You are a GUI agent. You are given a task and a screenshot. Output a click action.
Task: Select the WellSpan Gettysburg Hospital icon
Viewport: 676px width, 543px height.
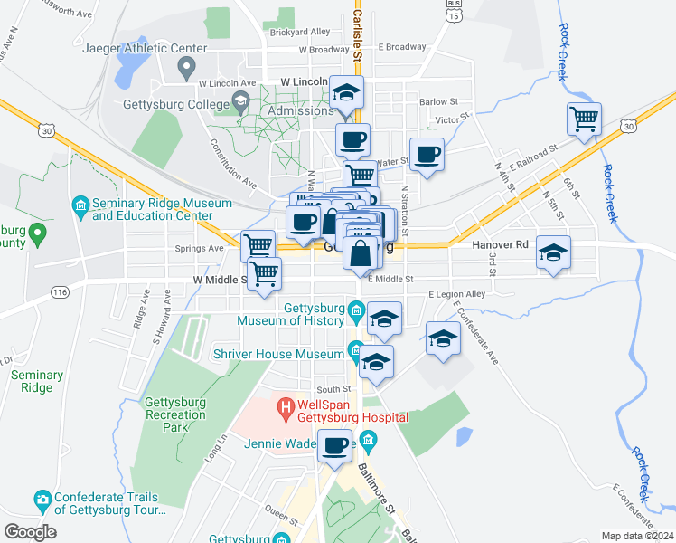[286, 409]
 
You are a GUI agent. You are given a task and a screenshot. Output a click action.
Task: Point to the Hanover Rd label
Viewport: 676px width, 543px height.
[499, 244]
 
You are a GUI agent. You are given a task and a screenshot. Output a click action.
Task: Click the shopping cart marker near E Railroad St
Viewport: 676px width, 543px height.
[584, 119]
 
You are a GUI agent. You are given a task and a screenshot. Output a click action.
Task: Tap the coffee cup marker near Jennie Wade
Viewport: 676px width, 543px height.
[335, 446]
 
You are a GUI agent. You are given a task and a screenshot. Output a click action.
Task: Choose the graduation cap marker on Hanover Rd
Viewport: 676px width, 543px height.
[553, 252]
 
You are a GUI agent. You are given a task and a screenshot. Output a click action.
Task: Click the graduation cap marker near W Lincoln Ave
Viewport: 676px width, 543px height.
[345, 92]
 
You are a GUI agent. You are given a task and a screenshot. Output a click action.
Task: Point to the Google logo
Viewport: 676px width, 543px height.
[30, 532]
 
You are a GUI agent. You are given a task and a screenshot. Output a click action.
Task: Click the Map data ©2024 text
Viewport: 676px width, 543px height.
[636, 536]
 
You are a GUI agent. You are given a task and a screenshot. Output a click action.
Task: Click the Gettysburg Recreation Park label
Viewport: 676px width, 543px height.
[175, 414]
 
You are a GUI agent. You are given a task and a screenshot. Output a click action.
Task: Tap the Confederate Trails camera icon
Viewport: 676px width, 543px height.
[42, 498]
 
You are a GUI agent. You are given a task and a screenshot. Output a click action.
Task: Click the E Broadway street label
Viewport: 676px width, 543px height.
[402, 46]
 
